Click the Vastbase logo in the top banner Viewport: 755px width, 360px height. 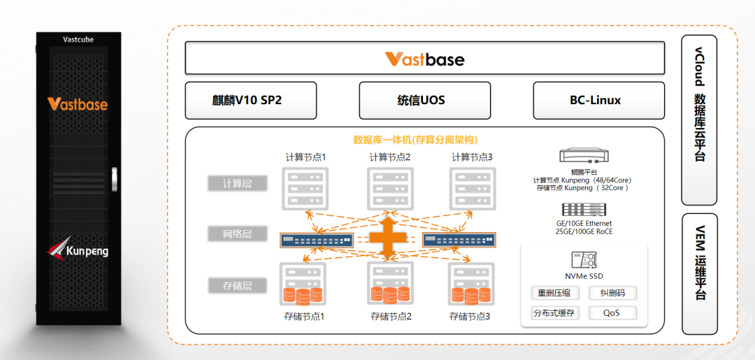click(424, 59)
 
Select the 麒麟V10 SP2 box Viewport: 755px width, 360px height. click(250, 100)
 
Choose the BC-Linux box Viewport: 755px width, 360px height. click(598, 100)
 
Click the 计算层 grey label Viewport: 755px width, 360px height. click(237, 184)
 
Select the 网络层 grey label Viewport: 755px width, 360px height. click(237, 233)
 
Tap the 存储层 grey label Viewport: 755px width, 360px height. click(237, 285)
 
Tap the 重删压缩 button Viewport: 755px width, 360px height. click(554, 294)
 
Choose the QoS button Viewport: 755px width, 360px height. click(611, 312)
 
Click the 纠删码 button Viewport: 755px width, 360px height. click(611, 294)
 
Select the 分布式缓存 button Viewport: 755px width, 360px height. click(554, 312)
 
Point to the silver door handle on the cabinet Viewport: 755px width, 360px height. click(116, 179)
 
